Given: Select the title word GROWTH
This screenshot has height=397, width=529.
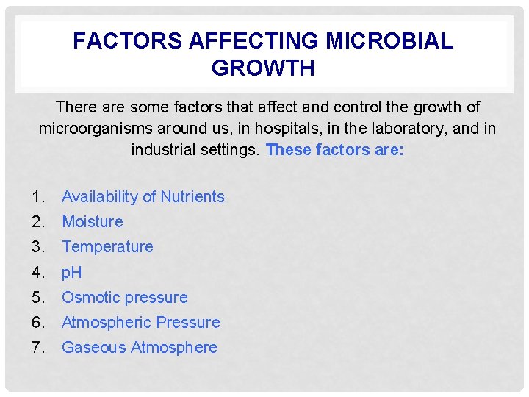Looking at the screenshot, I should point(263,68).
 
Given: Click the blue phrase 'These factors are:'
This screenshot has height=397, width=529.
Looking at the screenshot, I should point(334,150).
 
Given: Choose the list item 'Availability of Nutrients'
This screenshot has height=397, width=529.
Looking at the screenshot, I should point(143,197).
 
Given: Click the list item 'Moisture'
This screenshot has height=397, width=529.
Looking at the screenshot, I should point(92,222).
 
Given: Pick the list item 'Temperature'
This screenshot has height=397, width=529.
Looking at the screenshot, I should point(107,247).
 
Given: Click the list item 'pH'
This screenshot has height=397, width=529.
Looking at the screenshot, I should point(71,273).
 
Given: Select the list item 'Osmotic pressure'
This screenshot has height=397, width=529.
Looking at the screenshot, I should point(124,298).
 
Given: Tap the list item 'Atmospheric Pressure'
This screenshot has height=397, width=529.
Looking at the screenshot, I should point(140,323).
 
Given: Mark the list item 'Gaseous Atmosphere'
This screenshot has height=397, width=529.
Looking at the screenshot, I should point(139,348).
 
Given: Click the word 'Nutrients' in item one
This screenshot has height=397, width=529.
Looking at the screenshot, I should point(192,197).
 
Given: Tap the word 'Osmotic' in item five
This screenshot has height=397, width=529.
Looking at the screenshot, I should point(90,298).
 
